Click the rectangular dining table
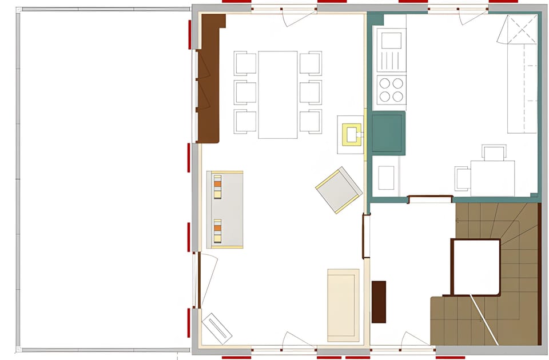coord(277,94)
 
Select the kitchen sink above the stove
coord(391,41)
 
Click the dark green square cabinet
coord(389,133)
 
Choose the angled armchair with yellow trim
coord(339,190)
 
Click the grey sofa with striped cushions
coord(225,210)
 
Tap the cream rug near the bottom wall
coord(343,305)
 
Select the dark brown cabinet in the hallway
coord(379,301)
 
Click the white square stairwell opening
coord(475,266)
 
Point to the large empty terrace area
coord(104,179)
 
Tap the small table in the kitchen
coord(492,178)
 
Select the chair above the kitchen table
coord(494,153)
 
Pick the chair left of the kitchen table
coord(462,178)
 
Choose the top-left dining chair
coord(245,63)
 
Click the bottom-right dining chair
coord(311,121)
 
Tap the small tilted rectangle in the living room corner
coord(217,327)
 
